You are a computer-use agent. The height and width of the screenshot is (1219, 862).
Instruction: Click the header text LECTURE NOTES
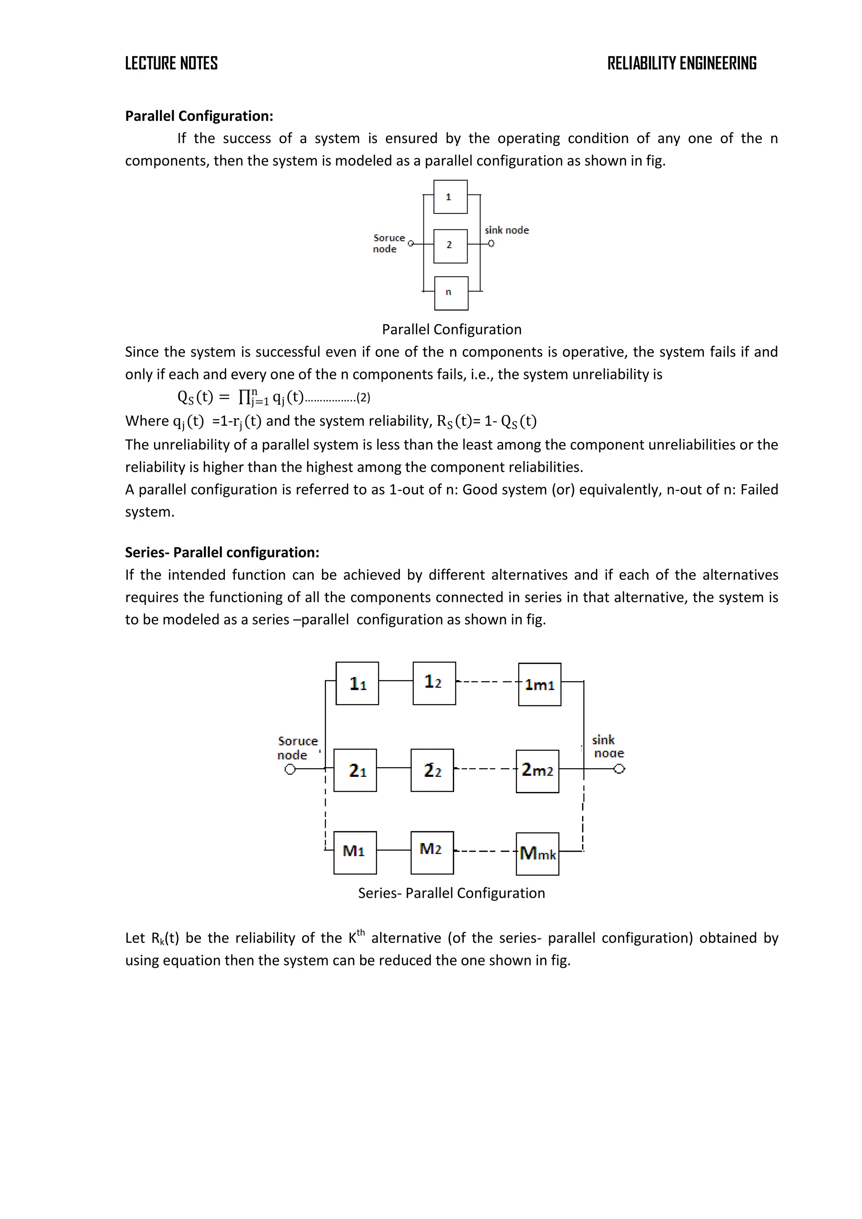tap(171, 63)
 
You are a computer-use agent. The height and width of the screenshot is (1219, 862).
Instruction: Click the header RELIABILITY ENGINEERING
tap(681, 63)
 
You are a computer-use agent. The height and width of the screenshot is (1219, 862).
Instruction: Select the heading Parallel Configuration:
tap(199, 116)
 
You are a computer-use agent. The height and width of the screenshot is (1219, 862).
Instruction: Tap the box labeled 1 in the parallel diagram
tap(450, 197)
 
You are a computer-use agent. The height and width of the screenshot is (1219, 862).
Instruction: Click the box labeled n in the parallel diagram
tap(451, 293)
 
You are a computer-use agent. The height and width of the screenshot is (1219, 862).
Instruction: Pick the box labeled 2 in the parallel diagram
tap(450, 246)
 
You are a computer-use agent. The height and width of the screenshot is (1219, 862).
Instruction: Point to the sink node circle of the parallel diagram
tap(491, 244)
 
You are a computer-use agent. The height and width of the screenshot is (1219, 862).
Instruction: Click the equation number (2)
tap(363, 397)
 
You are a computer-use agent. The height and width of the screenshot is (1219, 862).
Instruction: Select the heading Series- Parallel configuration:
tap(222, 552)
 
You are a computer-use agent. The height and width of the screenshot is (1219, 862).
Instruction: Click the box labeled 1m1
tap(539, 684)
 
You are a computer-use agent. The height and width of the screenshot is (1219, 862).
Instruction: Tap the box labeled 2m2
tap(537, 771)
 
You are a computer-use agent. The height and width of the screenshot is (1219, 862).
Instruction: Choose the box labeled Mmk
tap(537, 854)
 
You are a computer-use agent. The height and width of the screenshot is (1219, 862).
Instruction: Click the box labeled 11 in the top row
tap(357, 683)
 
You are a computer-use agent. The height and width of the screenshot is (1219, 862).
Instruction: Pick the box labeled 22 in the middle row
tap(432, 771)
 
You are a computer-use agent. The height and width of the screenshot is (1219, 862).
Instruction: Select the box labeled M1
tap(354, 853)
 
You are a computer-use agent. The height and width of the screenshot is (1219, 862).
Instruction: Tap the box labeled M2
tap(432, 853)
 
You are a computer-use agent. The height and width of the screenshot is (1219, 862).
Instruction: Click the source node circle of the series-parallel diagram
tap(290, 769)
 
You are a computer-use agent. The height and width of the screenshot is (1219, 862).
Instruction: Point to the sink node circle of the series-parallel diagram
tap(619, 769)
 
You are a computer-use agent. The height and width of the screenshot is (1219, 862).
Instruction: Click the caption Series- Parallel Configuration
tap(451, 893)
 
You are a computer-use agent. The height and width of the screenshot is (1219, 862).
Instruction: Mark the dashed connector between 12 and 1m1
tap(487, 682)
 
